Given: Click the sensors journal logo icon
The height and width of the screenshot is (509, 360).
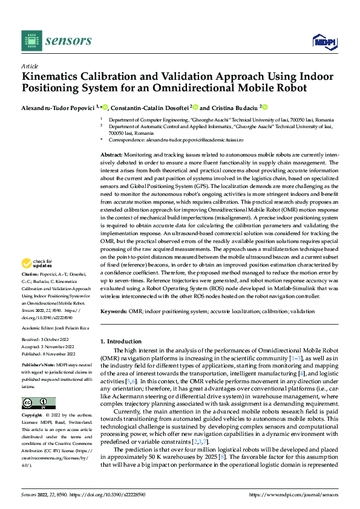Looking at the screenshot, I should (x=30, y=41).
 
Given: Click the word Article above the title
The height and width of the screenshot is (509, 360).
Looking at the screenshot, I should (x=30, y=66).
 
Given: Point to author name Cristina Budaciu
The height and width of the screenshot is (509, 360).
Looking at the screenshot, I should (x=234, y=107).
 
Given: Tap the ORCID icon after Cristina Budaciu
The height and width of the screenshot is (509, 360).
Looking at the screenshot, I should (x=264, y=107).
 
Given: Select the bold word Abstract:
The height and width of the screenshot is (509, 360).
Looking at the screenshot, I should (x=113, y=155).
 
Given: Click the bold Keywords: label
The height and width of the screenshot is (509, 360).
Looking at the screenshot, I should (x=114, y=311).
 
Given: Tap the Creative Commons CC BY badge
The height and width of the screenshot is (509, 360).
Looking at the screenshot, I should (x=38, y=403).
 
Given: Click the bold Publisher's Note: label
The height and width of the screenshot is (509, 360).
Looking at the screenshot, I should (x=39, y=366).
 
